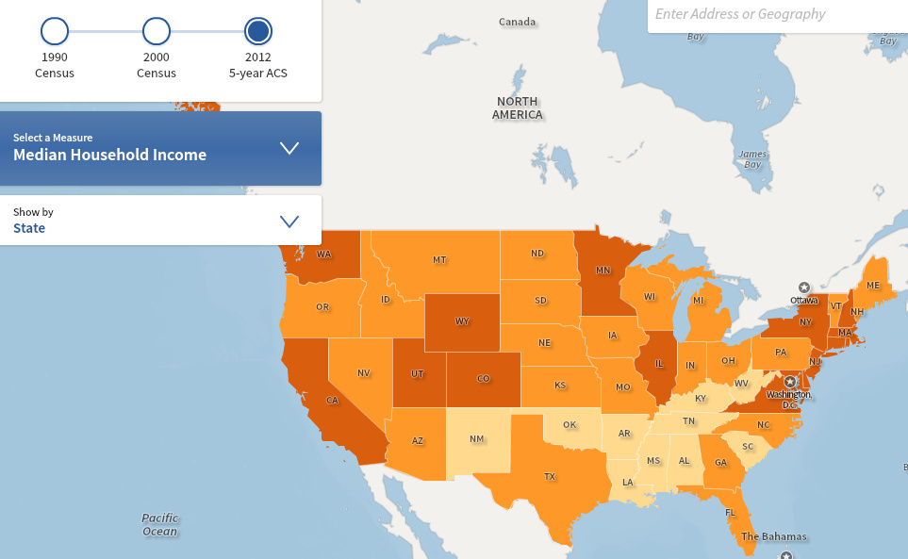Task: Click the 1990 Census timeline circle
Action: coord(55,32)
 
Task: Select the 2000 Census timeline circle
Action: coord(157,32)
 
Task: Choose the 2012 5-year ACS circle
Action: coord(258,32)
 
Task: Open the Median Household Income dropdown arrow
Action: coord(289,148)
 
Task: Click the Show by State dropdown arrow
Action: coord(289,222)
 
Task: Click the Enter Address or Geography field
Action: coord(773,14)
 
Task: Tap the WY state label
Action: coord(462,321)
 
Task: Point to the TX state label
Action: coord(550,477)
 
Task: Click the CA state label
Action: coord(332,400)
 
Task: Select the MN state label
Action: coord(603,271)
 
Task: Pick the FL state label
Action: coord(731,513)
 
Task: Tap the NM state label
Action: coord(477,439)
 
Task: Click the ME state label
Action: coord(873,286)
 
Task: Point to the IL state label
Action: coord(660,363)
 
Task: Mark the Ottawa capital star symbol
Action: coord(804,287)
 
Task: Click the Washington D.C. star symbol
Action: coord(790,382)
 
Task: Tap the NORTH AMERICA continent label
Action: coord(518,107)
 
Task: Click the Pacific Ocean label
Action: coord(159,524)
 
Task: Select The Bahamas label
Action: coord(773,537)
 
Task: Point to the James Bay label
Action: coord(752,159)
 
